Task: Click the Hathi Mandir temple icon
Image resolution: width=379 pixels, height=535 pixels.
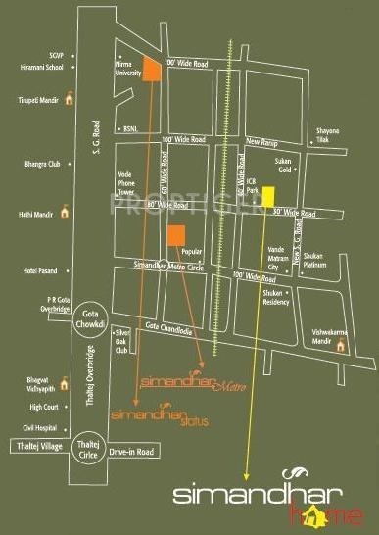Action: point(66,211)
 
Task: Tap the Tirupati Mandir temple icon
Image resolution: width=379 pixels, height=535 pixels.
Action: point(66,100)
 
